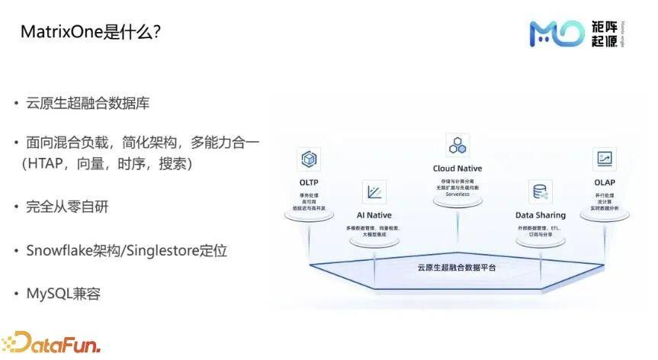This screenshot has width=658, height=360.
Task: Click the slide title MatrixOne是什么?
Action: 90,33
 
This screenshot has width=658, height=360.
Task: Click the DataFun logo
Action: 51,342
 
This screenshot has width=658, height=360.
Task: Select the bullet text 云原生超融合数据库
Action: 94,104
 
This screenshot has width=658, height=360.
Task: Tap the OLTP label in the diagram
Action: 309,183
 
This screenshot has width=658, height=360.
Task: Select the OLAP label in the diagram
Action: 605,182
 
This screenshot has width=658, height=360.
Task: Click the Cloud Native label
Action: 457,169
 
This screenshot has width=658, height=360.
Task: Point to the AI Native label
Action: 374,215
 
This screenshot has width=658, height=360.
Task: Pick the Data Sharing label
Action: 540,215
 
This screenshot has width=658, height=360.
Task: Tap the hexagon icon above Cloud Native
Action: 457,144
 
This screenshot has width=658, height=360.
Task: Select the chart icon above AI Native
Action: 374,191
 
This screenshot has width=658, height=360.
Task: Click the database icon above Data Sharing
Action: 540,191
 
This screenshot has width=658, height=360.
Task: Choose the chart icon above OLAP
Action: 605,159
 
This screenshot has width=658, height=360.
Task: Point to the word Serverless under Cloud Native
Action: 457,194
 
